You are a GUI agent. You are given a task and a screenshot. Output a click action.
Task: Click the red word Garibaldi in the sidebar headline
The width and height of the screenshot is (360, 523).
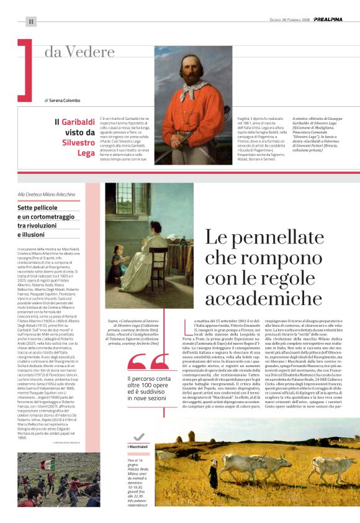pos(78,122)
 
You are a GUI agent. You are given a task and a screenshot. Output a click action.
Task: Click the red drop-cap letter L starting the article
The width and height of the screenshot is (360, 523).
pos(189,324)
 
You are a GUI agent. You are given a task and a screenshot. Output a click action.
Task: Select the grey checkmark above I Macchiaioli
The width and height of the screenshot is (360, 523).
pos(139,437)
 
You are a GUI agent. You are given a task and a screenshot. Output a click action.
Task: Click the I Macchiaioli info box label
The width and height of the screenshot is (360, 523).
pos(138,447)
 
